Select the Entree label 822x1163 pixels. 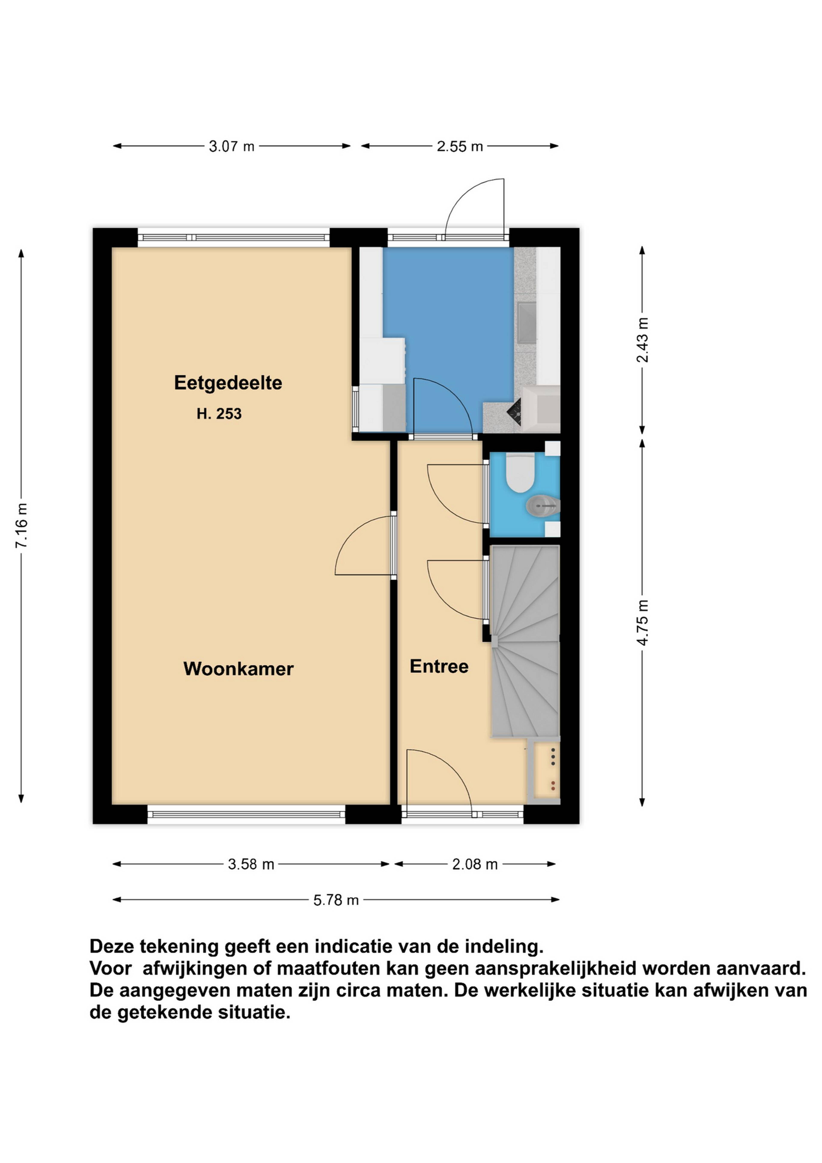point(439,666)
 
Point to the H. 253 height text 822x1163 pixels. point(219,414)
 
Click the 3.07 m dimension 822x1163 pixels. point(232,146)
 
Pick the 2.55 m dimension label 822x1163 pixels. point(460,146)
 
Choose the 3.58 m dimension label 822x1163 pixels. point(251,864)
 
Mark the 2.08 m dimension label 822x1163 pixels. point(475,864)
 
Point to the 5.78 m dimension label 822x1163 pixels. point(336,900)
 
